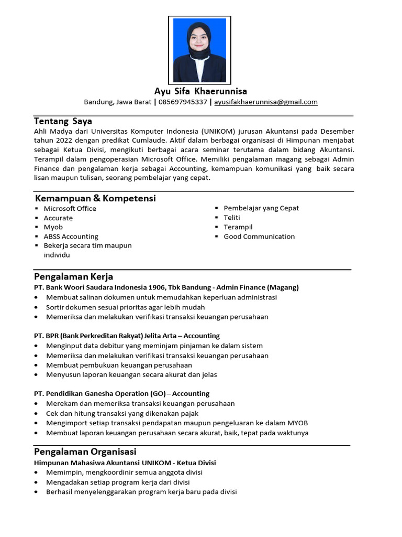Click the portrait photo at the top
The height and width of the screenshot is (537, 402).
point(200,50)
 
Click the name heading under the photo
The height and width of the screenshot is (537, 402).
point(200,91)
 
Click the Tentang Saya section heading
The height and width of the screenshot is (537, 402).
point(63,121)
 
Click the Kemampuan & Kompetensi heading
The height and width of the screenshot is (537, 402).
point(95,198)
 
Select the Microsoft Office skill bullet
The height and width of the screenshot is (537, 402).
point(70,208)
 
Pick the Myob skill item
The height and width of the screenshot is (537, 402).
point(53,227)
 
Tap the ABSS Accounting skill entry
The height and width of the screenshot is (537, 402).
point(71,237)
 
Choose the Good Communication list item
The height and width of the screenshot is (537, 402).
point(259,237)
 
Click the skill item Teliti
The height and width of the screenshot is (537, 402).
point(232,218)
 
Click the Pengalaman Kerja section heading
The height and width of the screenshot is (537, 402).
point(73,276)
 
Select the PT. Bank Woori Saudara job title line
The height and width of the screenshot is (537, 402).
point(166,287)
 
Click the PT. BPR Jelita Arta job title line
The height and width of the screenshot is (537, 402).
point(127,336)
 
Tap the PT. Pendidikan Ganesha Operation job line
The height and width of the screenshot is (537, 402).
point(121,393)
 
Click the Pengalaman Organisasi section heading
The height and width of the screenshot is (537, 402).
point(85,452)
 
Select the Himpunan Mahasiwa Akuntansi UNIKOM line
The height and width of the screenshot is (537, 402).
point(125,463)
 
